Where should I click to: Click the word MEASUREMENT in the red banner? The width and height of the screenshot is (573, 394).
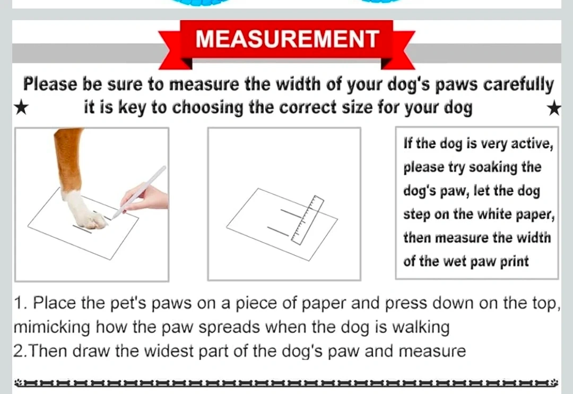(287, 39)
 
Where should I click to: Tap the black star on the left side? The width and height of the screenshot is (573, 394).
(21, 108)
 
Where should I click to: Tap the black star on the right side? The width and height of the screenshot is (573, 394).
(554, 108)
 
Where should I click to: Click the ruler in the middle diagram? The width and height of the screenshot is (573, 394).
(308, 220)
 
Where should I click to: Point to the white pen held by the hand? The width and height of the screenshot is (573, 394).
(139, 192)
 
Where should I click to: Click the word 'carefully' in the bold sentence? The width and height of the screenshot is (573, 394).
(518, 84)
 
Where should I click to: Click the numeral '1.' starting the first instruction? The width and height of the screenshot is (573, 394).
(20, 303)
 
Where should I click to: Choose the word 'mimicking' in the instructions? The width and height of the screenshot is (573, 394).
(51, 327)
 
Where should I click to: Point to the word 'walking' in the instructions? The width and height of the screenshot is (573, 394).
(420, 327)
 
